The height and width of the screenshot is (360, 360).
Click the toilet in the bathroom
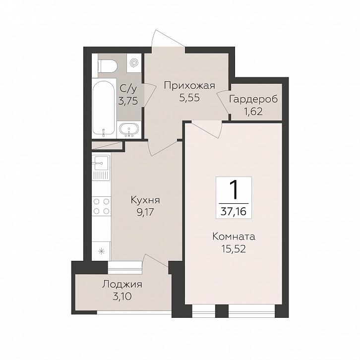coord(108,66)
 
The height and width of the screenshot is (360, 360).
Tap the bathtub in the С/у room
coord(104,108)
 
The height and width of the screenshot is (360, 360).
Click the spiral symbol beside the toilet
coord(133,62)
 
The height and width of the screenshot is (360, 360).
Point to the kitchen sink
coord(101,167)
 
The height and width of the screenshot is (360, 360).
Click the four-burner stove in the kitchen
coord(101,206)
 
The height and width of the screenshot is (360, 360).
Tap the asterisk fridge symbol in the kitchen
coord(101,251)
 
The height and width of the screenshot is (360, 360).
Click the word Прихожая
coord(189,86)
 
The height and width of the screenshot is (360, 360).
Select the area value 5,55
coord(189,98)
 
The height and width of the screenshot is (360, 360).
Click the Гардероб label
coord(253,99)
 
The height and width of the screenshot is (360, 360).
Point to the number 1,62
coord(253,112)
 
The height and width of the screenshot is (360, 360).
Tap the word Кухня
coord(145,200)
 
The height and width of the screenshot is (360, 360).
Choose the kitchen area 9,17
coord(145,212)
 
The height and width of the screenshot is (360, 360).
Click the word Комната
coord(234,237)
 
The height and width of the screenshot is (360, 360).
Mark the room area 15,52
coord(234,248)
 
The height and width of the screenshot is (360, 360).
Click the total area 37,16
coord(234,211)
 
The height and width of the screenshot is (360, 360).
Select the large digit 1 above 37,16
coord(234,189)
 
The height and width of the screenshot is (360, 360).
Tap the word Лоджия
coord(122,285)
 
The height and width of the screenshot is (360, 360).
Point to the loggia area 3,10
coord(122,297)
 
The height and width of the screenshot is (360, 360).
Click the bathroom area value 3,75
coord(128,101)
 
